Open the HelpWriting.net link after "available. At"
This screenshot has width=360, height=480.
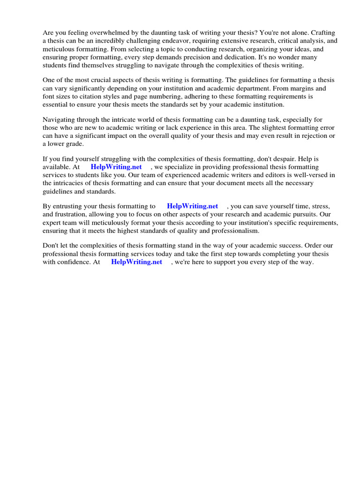click(116, 167)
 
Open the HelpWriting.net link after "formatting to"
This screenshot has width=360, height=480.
click(192, 206)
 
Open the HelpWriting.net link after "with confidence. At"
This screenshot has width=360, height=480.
click(136, 262)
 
